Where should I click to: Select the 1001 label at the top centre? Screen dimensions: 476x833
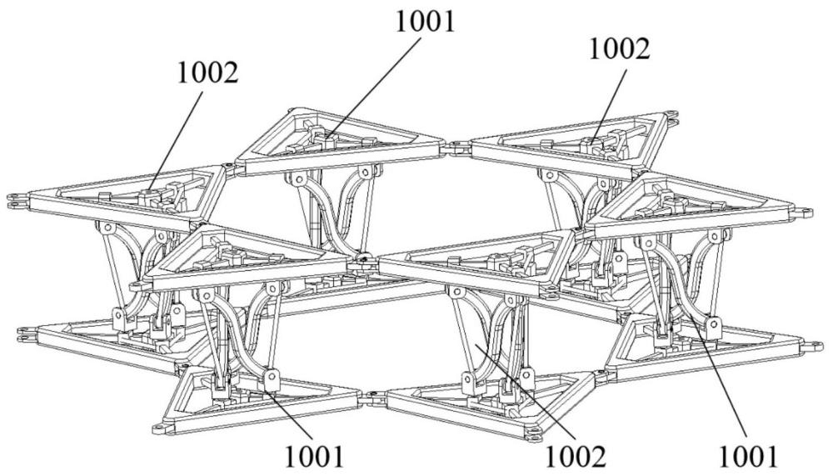pyautogui.click(x=426, y=23)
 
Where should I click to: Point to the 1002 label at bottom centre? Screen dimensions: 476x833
pyautogui.click(x=576, y=455)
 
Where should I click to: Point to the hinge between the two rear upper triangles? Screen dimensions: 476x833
pyautogui.click(x=456, y=147)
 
